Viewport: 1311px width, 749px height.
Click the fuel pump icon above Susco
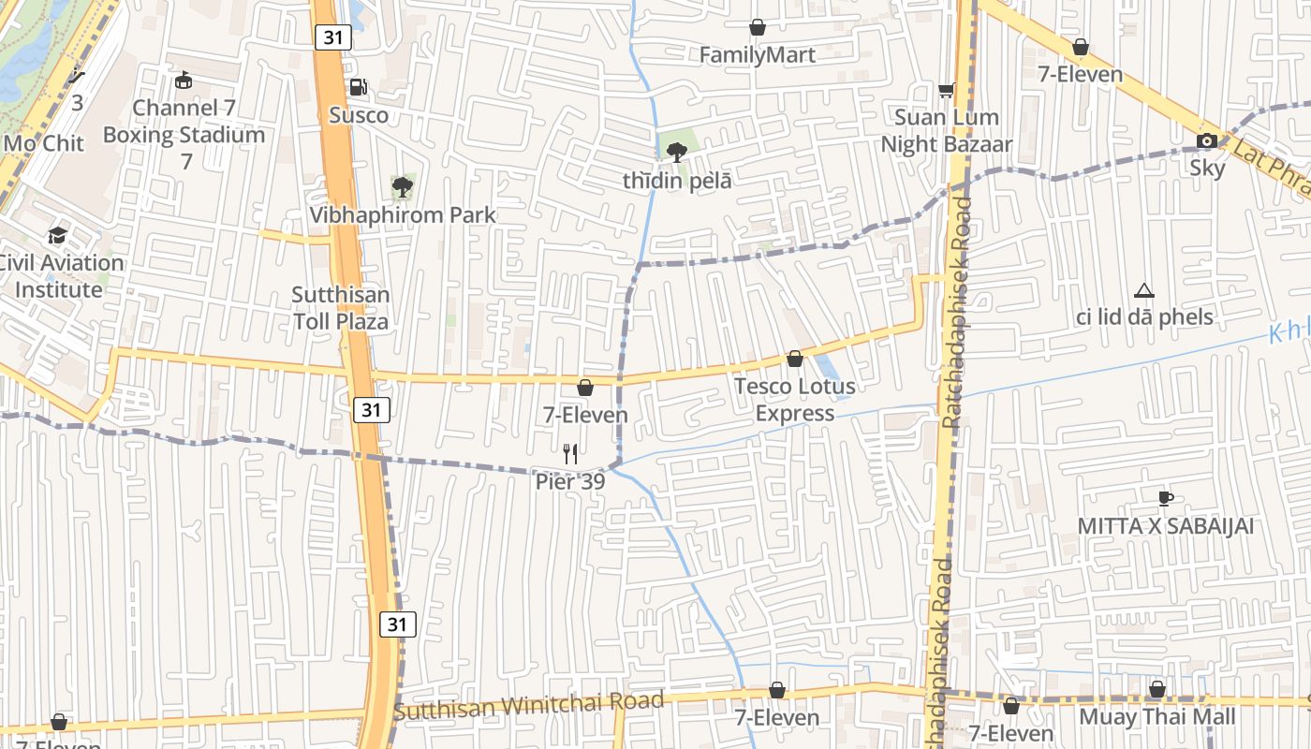[358, 88]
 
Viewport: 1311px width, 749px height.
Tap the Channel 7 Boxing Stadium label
[184, 134]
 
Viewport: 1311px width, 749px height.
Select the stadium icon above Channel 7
[184, 81]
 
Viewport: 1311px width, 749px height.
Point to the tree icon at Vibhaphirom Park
[403, 187]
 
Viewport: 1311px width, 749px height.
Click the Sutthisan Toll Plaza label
[341, 308]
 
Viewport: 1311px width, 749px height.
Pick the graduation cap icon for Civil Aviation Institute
[58, 235]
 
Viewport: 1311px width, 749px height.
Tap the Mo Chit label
[44, 143]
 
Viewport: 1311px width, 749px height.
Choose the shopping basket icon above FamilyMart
[758, 28]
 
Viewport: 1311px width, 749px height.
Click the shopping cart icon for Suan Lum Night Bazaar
[947, 90]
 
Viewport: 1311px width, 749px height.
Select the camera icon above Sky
[1207, 141]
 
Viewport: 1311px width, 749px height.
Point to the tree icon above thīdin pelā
[677, 153]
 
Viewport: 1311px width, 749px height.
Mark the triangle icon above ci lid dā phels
[1143, 291]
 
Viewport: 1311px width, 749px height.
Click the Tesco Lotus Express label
[795, 400]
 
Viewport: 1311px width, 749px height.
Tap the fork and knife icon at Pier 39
[570, 454]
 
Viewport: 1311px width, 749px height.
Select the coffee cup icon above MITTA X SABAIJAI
[1165, 498]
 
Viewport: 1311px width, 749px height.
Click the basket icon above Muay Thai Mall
[1157, 690]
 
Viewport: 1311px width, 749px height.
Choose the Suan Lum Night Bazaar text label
[947, 131]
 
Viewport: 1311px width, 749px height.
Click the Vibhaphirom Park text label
[403, 215]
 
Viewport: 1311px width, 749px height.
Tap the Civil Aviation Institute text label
[60, 276]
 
